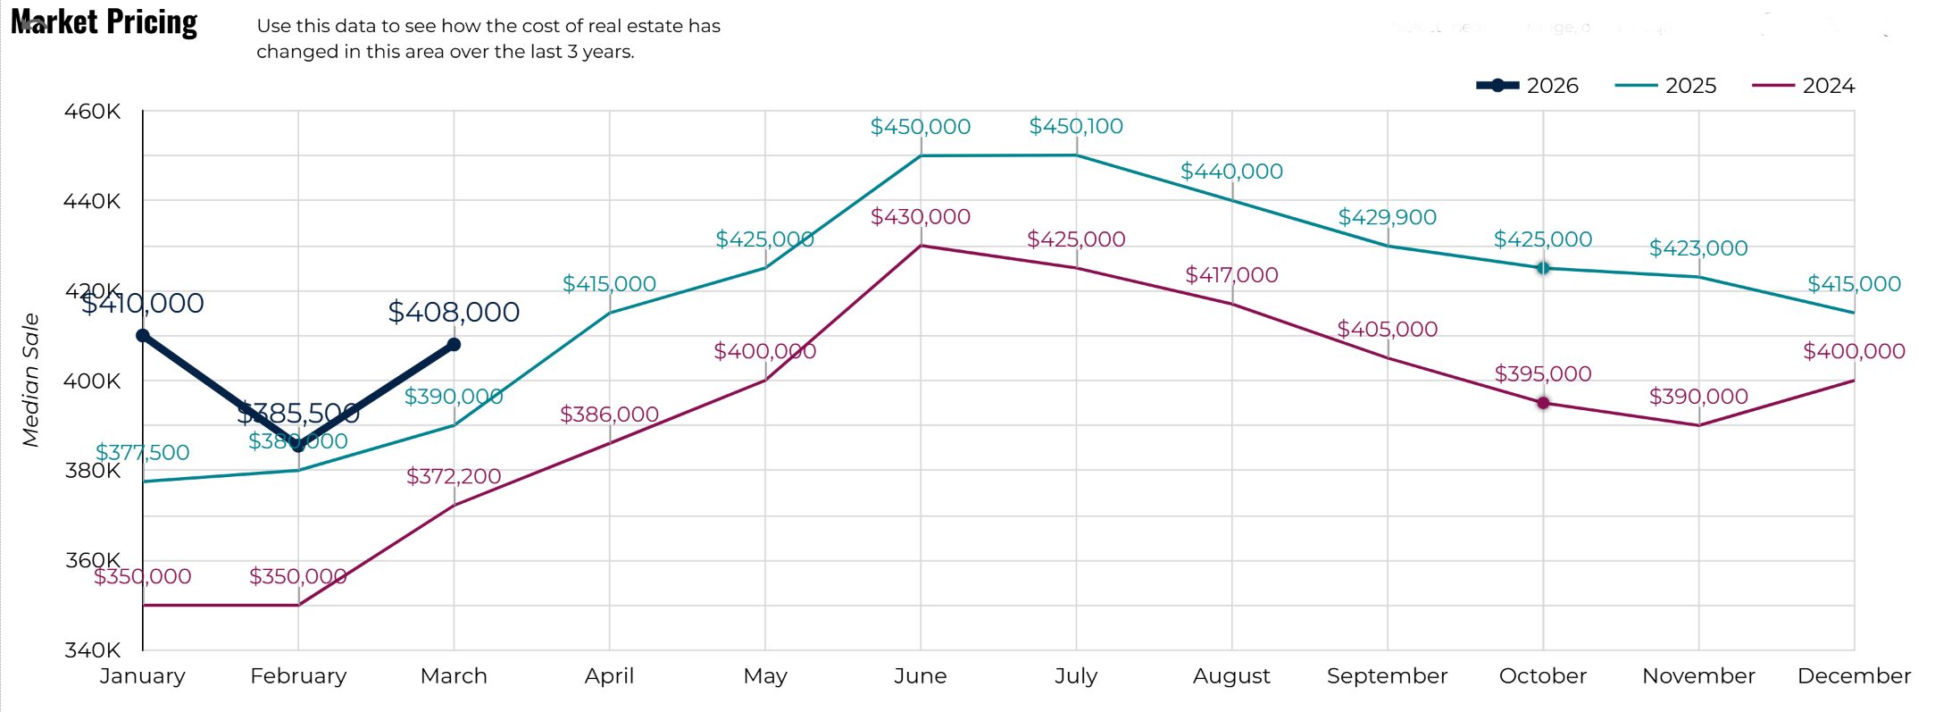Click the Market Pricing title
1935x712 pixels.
click(104, 21)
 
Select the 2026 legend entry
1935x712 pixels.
click(1529, 86)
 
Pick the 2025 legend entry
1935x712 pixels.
click(1666, 86)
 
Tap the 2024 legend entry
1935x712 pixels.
click(1804, 86)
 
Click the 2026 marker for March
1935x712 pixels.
click(454, 344)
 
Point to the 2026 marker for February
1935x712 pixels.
click(298, 445)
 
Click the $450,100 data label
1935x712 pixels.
click(1076, 126)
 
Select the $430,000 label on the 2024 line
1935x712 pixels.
click(920, 216)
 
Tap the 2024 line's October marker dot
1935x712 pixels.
click(1543, 403)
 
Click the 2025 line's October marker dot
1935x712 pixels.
click(1543, 268)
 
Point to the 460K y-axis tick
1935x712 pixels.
click(92, 112)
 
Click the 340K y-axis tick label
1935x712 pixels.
click(92, 649)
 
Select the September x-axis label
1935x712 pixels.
click(1387, 676)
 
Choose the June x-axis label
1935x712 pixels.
click(920, 676)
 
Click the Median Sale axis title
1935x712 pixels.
click(31, 380)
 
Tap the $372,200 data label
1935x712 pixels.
click(454, 476)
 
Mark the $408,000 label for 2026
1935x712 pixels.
click(454, 312)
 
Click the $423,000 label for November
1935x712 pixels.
click(1697, 247)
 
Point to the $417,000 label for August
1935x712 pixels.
click(1231, 274)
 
